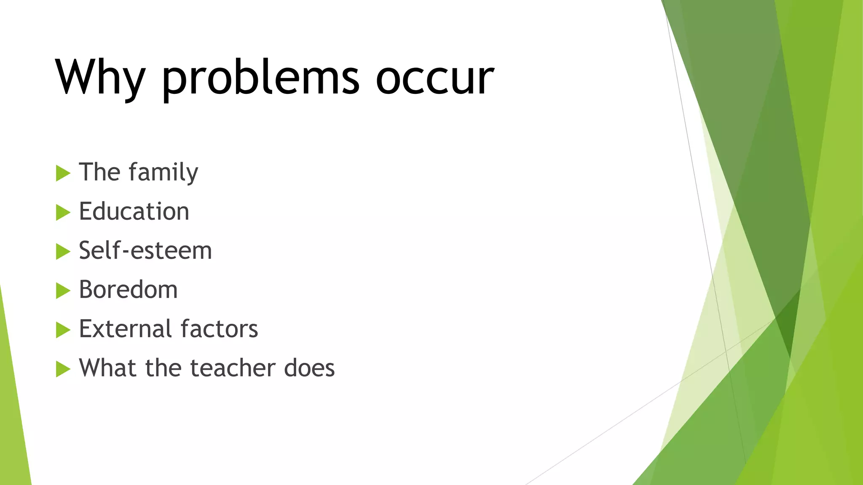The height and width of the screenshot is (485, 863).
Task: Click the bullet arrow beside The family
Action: tap(63, 173)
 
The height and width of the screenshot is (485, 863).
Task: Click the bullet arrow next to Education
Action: tap(63, 212)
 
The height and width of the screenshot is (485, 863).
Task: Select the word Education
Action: tap(134, 211)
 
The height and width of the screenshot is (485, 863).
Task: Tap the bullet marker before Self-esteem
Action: tap(63, 251)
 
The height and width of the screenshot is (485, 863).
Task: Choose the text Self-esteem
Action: tap(145, 250)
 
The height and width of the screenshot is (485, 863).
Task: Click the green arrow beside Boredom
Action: tap(63, 290)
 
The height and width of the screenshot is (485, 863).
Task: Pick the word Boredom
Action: tap(128, 290)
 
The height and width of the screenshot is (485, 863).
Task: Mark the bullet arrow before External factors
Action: tap(63, 330)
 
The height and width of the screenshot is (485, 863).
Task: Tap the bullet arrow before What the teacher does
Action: tap(63, 369)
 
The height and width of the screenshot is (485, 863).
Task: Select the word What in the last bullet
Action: tap(108, 368)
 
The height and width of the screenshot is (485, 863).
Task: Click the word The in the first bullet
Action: tap(99, 172)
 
